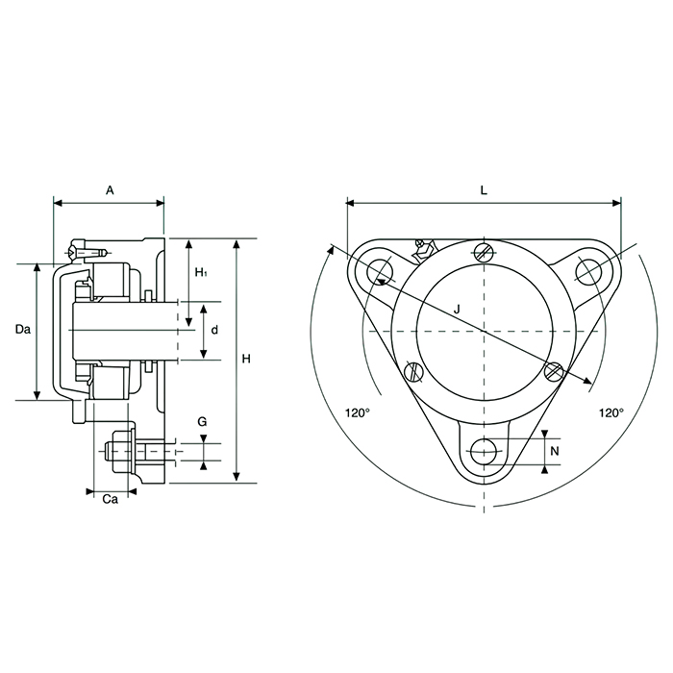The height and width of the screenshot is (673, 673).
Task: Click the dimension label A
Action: (110, 191)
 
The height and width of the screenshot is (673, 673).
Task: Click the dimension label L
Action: (484, 190)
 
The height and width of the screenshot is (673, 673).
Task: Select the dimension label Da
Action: (24, 330)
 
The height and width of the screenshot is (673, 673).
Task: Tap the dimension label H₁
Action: (201, 273)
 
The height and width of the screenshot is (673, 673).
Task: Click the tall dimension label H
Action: (246, 359)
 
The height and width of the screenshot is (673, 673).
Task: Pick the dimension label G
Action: (202, 422)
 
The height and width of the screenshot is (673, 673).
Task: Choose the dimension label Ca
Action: (111, 499)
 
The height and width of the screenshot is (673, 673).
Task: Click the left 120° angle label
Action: (357, 412)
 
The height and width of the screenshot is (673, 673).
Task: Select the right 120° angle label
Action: (611, 412)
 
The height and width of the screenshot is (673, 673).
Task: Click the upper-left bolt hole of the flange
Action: (377, 269)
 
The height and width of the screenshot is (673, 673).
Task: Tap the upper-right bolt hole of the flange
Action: (589, 270)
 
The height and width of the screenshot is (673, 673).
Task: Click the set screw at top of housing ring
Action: (485, 253)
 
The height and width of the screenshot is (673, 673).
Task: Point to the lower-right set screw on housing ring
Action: (553, 371)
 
